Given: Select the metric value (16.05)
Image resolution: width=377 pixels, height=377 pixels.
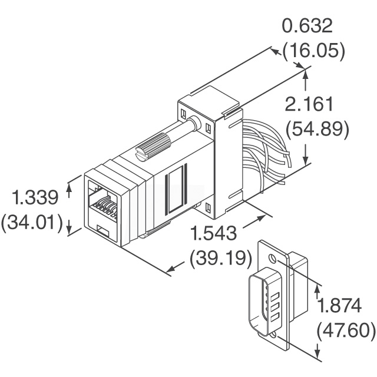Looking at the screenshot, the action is (x=314, y=51).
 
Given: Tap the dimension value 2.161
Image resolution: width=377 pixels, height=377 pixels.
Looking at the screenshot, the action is (x=309, y=104).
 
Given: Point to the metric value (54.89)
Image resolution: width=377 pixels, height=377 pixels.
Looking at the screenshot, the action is (x=317, y=130).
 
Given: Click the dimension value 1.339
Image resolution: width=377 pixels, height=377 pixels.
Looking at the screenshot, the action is (x=35, y=197).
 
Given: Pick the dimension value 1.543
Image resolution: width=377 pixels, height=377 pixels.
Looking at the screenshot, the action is (x=213, y=233).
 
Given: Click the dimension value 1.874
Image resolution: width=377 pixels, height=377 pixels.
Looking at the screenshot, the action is (x=339, y=305).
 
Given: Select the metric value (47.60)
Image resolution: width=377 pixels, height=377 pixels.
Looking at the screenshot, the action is (x=346, y=330).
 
